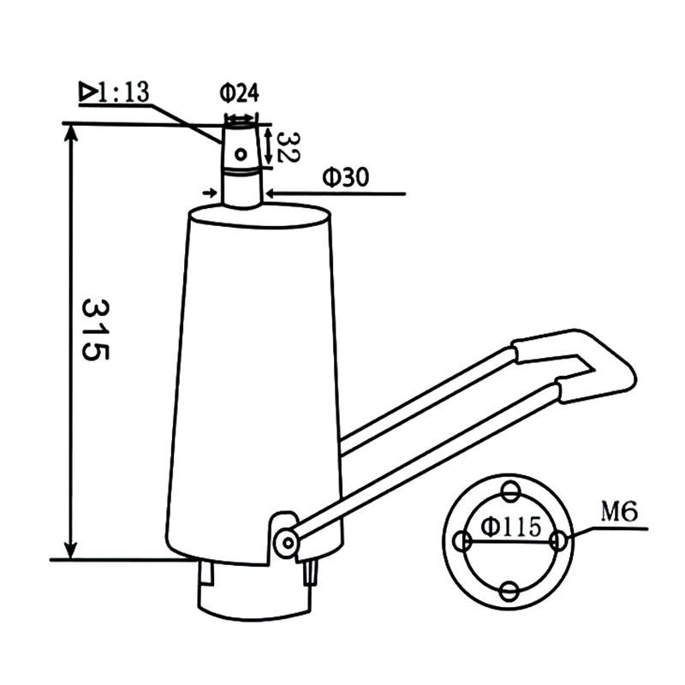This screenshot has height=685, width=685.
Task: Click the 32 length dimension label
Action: click(x=289, y=147)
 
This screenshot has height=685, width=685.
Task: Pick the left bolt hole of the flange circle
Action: click(x=462, y=541)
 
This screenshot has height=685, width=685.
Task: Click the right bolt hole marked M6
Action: click(x=558, y=541)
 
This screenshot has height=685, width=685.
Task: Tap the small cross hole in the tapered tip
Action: click(x=242, y=154)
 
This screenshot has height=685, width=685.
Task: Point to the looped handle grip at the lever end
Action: click(x=591, y=360)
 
